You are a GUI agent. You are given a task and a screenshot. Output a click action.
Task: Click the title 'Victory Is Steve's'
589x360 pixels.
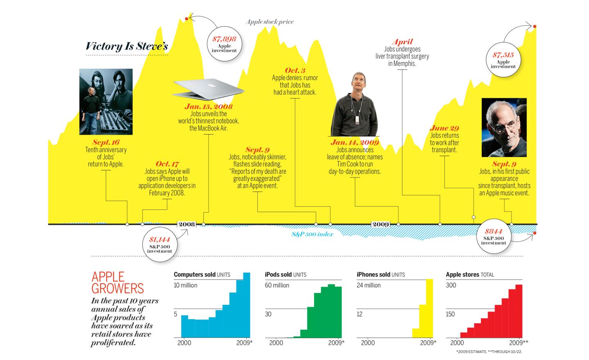[127, 46]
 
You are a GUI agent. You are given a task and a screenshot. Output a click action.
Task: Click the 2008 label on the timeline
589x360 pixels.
[187, 224]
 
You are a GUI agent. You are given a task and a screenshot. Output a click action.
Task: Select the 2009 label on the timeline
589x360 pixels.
[380, 224]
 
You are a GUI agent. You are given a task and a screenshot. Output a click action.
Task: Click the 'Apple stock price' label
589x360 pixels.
[270, 22]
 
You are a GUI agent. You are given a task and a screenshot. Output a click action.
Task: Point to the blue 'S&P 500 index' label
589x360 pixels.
[312, 234]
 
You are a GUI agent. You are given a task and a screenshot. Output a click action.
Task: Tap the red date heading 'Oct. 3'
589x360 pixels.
[295, 70]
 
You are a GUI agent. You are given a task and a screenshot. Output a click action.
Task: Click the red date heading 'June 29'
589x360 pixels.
[444, 128]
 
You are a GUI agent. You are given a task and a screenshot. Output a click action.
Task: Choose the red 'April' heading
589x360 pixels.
[402, 42]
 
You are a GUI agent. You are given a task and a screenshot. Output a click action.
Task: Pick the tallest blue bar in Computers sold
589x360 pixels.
[247, 305]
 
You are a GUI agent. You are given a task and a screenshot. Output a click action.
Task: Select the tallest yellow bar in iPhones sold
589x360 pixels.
[429, 308]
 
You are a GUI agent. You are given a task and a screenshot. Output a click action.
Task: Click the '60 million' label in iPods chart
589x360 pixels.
[277, 285]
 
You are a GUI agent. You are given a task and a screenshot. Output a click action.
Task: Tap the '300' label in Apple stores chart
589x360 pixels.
[451, 285]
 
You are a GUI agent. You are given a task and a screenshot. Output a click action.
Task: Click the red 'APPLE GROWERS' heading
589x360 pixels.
[117, 283]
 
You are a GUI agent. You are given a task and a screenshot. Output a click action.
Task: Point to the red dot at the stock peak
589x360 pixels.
[187, 19]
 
